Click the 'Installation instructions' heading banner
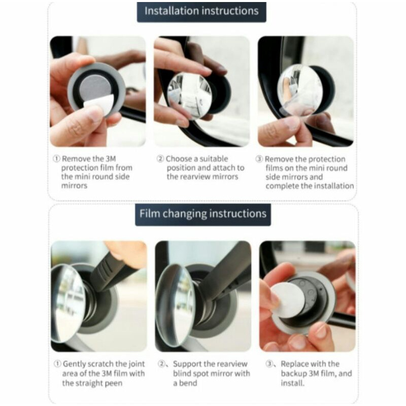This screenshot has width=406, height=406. (x=201, y=12)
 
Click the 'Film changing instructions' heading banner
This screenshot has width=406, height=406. (x=203, y=214)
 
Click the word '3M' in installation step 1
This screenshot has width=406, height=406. (x=111, y=159)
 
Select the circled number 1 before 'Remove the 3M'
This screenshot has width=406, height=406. (x=56, y=159)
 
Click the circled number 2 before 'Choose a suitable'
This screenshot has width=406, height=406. (x=160, y=159)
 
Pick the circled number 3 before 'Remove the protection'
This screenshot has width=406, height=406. (x=259, y=159)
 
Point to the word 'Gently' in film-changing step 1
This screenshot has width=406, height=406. (x=75, y=364)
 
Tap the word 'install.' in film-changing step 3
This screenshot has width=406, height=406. (x=292, y=383)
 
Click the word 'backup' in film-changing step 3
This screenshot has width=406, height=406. (x=294, y=374)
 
